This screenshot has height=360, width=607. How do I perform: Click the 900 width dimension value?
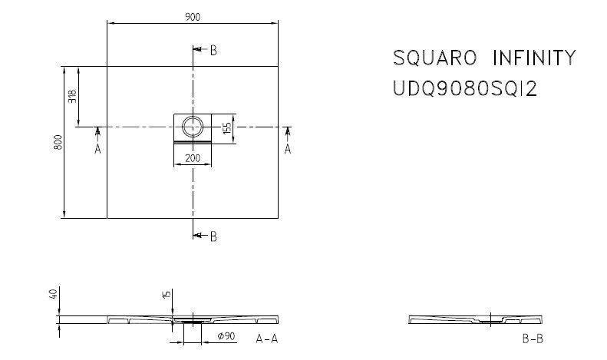[x=193, y=17]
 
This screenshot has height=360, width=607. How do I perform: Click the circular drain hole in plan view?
[x=193, y=125]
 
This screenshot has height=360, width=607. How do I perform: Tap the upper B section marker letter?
[x=214, y=51]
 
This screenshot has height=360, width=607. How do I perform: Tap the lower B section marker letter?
[x=214, y=236]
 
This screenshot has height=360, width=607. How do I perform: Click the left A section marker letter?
[x=97, y=150]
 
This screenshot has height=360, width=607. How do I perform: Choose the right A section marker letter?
[x=288, y=150]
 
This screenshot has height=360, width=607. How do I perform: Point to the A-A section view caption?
[x=267, y=338]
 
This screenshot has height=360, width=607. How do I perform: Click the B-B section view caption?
[x=530, y=338]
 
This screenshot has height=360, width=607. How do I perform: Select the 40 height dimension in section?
[x=54, y=295]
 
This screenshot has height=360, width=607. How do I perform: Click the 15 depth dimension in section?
[x=165, y=295]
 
